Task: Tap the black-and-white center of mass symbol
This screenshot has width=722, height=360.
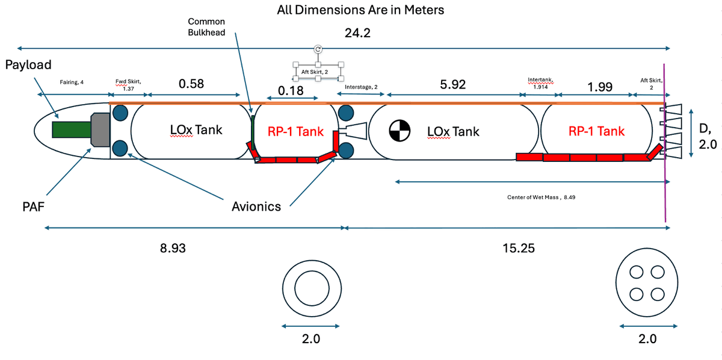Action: [399, 131]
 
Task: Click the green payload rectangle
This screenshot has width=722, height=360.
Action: [70, 130]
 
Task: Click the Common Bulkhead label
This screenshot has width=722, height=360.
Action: [206, 27]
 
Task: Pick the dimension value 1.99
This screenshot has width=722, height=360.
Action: [600, 87]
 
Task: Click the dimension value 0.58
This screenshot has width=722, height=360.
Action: [191, 84]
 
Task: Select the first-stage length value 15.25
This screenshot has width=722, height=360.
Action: [519, 247]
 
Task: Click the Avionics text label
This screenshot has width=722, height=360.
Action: [256, 207]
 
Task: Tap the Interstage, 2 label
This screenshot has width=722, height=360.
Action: [361, 87]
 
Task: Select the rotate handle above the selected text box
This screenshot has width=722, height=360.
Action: [318, 49]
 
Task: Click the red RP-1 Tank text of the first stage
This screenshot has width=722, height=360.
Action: [596, 131]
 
